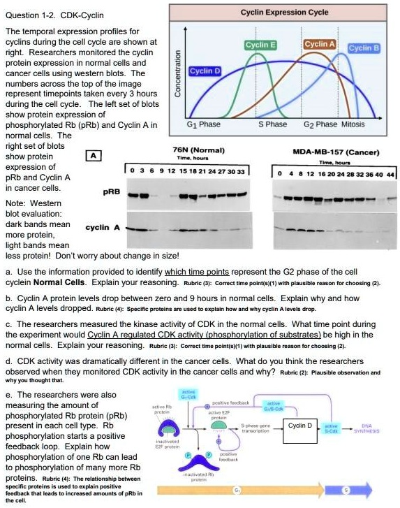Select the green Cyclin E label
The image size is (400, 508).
coord(259,45)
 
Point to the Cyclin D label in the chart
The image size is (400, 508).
coord(205,71)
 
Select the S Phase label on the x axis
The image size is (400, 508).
coord(273,124)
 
